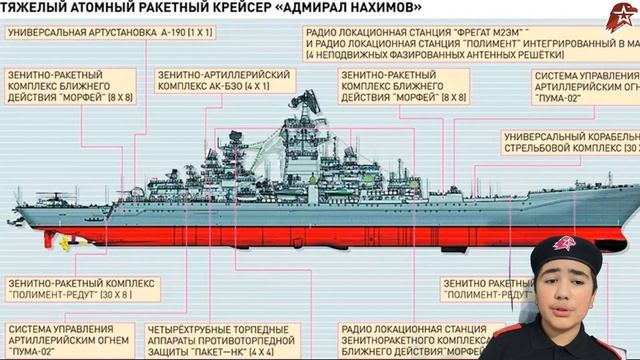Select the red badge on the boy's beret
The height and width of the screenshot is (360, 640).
[x=567, y=247]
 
